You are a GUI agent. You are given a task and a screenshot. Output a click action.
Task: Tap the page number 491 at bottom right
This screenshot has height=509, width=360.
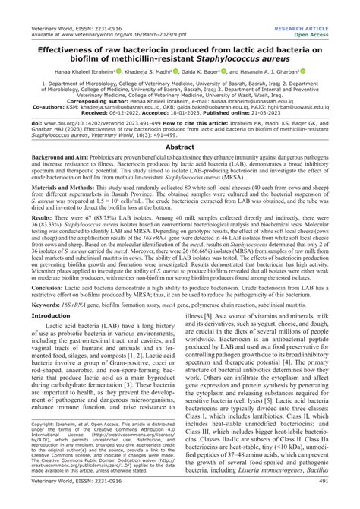(x=344, y=502)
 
